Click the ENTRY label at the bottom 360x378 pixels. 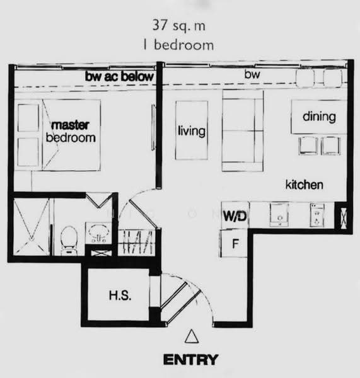(x=190, y=360)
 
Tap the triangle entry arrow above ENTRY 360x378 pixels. (x=192, y=336)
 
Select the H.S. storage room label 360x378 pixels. (x=120, y=295)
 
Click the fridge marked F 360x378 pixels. (x=233, y=243)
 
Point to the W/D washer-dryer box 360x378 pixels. (x=235, y=215)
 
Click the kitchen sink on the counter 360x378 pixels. (x=279, y=215)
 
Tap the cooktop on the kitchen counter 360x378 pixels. (x=317, y=215)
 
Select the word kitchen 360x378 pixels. (x=305, y=185)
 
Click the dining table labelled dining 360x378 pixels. (x=319, y=117)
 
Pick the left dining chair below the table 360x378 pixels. (x=308, y=146)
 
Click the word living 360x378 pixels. (x=192, y=132)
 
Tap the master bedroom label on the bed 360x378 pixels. (x=71, y=132)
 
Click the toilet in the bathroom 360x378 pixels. (x=69, y=240)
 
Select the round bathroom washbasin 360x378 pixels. (x=98, y=232)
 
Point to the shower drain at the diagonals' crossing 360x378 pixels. (x=32, y=238)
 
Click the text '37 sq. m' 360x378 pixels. (x=179, y=25)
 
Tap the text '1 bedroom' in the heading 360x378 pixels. (x=178, y=45)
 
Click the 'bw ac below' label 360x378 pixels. (x=119, y=76)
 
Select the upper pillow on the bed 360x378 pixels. (x=28, y=118)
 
